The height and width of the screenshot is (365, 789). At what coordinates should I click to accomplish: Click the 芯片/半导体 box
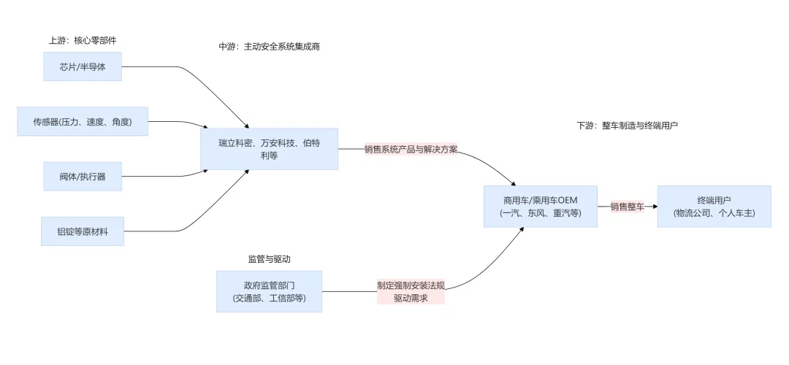(x=80, y=67)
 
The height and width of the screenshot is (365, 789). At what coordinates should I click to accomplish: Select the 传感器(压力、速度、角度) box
(x=83, y=121)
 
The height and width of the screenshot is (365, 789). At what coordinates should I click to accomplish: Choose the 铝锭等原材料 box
(x=82, y=231)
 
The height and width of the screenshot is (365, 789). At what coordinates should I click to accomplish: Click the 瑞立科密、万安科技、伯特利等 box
(x=269, y=148)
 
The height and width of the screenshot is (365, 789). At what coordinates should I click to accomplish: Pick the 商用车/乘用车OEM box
(x=541, y=207)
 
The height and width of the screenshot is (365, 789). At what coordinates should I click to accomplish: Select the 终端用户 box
(x=714, y=207)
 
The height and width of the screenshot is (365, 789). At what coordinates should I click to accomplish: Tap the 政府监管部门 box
(x=269, y=291)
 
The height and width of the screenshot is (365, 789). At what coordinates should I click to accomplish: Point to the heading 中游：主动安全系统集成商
(x=269, y=47)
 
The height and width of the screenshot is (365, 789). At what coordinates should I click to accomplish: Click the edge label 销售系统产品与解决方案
(x=411, y=149)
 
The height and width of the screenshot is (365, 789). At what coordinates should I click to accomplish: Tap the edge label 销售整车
(x=628, y=207)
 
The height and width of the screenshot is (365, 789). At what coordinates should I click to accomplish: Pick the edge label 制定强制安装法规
(x=411, y=285)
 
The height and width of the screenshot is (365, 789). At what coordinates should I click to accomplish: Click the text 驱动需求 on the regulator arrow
(x=411, y=298)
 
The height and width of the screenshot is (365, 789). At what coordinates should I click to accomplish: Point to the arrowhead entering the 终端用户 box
(x=654, y=207)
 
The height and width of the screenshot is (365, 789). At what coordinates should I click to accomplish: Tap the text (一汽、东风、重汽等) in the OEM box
(x=541, y=213)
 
